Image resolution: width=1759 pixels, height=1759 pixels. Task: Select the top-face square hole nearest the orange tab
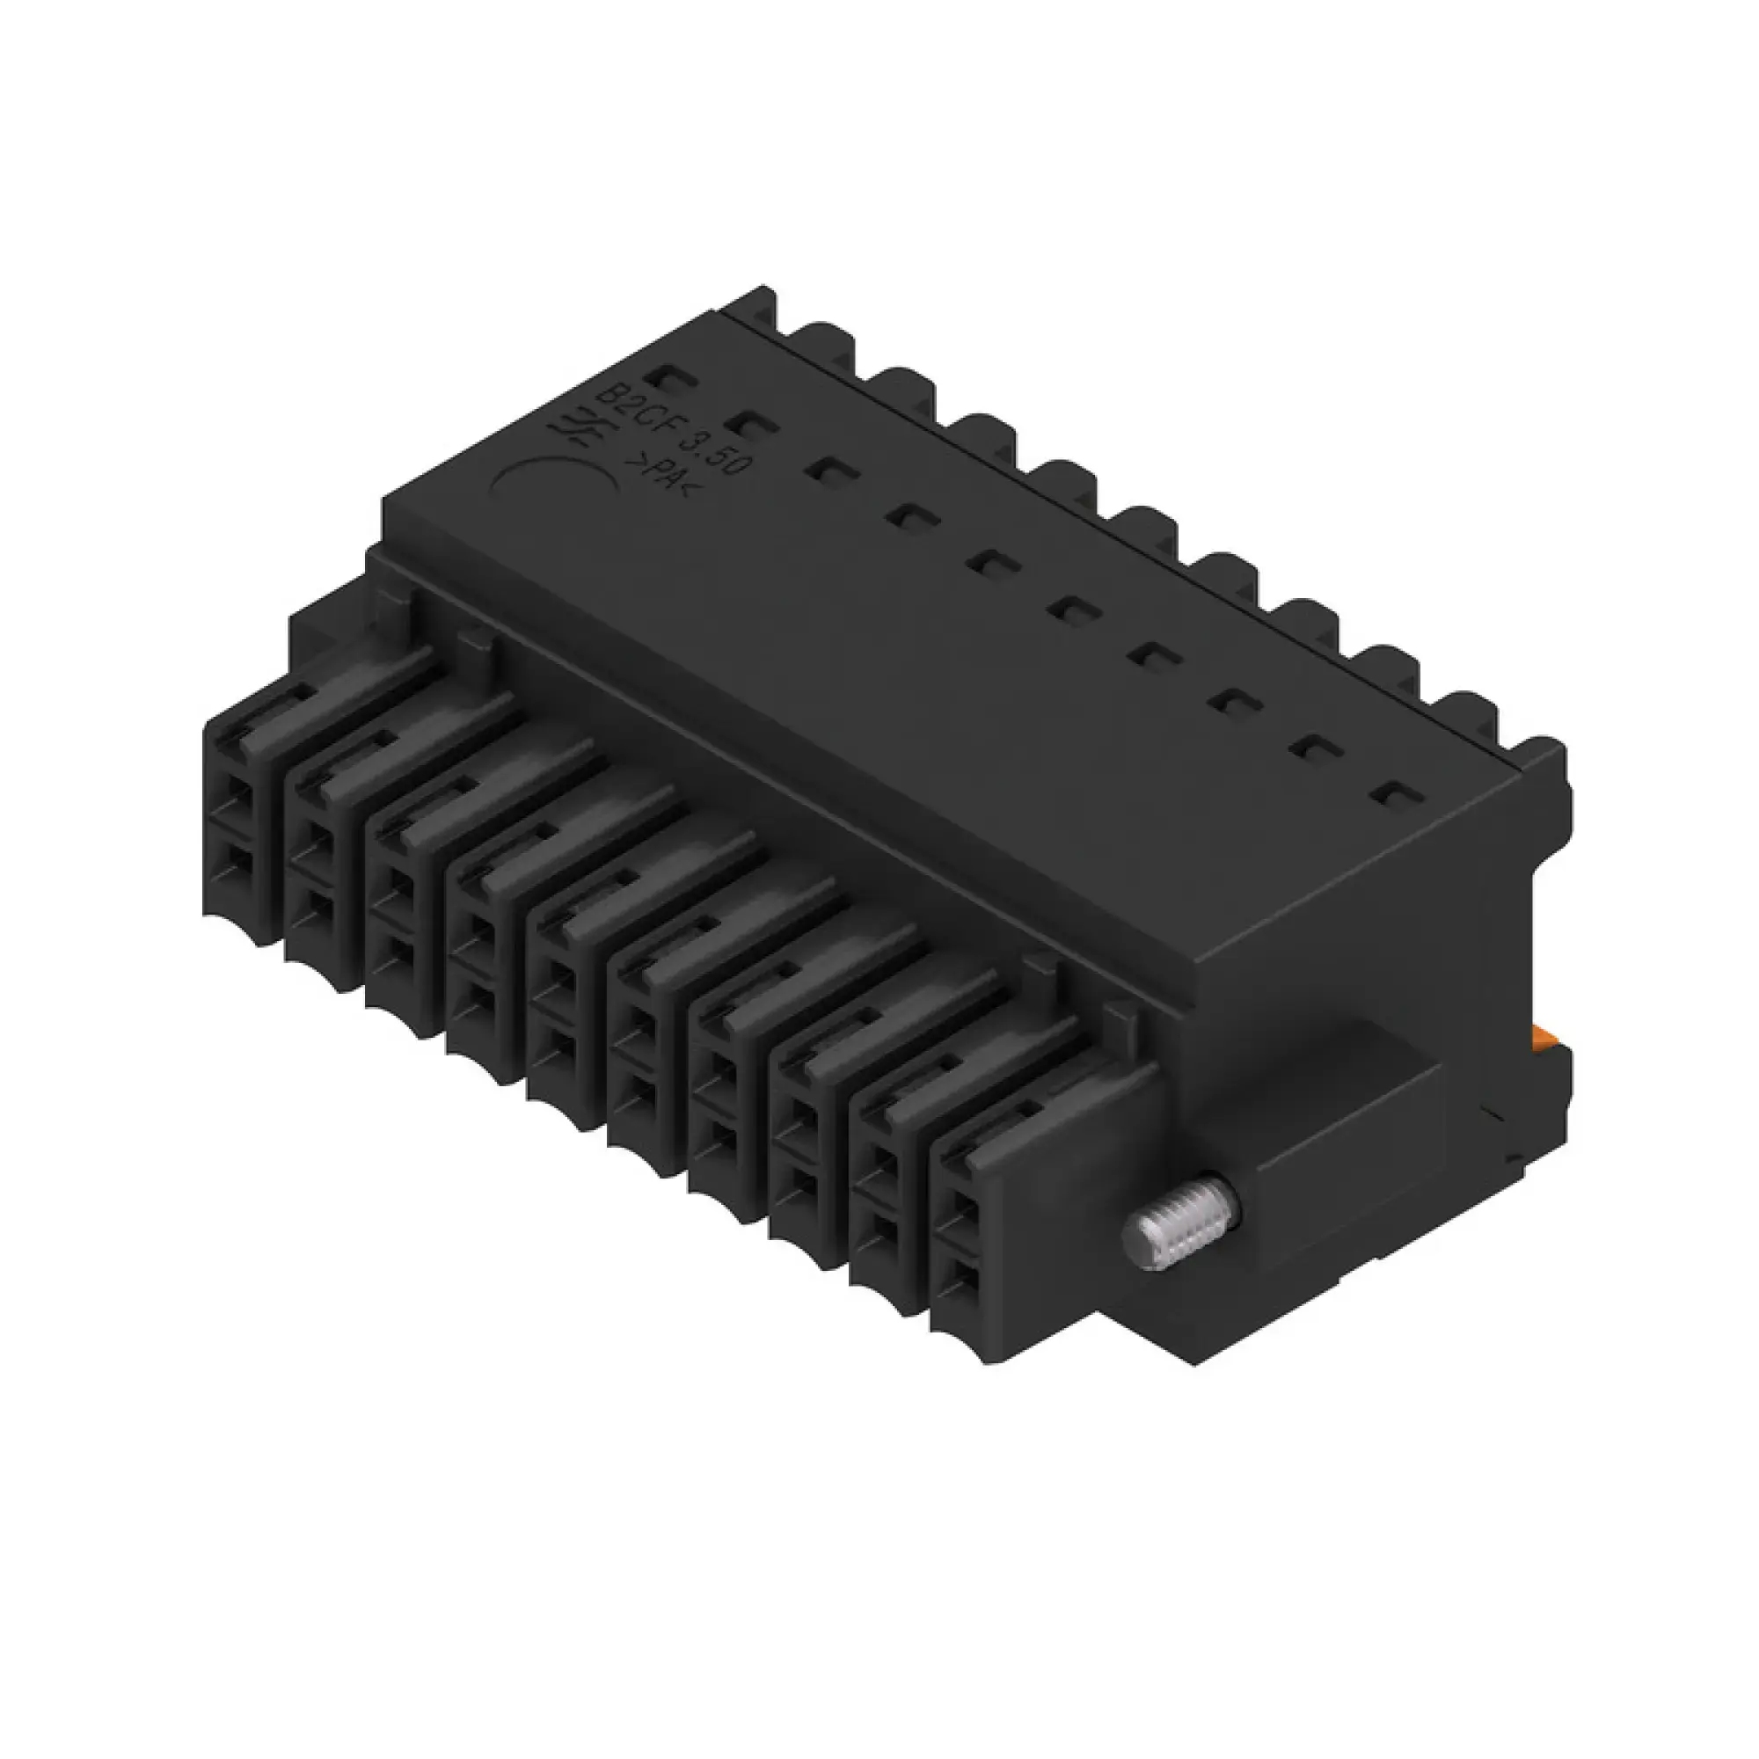click(1390, 795)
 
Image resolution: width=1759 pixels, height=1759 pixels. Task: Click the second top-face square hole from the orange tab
click(1310, 748)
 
